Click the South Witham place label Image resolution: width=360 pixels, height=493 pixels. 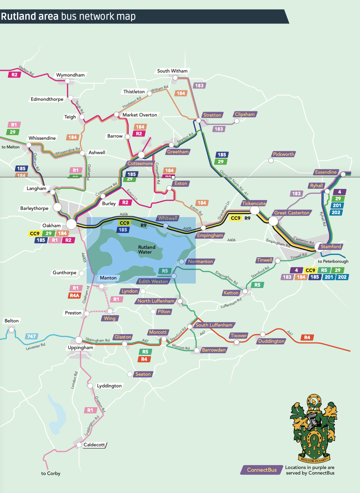[172, 71]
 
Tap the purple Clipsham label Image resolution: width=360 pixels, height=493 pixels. [245, 114]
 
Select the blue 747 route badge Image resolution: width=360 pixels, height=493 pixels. [31, 336]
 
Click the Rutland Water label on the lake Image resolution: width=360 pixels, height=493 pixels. [146, 250]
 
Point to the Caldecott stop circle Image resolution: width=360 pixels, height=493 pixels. [79, 445]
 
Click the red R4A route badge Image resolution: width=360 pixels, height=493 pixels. [74, 295]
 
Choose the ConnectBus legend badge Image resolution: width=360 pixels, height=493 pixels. [262, 470]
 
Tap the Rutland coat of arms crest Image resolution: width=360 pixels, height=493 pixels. [314, 428]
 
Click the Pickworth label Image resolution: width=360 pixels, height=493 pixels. [283, 154]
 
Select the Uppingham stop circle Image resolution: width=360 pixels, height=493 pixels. [79, 340]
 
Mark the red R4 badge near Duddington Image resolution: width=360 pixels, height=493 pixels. [307, 337]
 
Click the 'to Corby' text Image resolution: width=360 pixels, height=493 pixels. [51, 473]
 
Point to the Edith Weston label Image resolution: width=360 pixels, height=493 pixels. [153, 281]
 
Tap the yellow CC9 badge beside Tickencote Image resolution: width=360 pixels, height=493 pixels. [235, 218]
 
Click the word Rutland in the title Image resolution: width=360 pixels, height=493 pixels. [18, 16]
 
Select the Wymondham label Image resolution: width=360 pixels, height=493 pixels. [70, 75]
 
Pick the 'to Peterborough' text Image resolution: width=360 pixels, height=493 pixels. [333, 261]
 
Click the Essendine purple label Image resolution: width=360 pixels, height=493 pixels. [326, 172]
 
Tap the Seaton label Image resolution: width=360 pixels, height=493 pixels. [143, 374]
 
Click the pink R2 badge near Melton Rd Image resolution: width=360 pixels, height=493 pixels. [14, 75]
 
